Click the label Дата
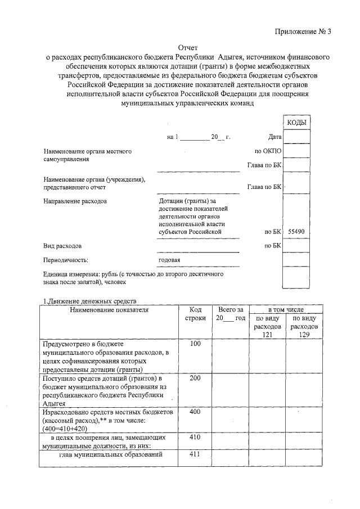274,137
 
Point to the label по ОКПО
268,151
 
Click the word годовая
170,260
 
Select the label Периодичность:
66,260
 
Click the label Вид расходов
62,246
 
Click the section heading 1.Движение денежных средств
90,302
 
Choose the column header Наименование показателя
109,310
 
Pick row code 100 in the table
195,344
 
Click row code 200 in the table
195,379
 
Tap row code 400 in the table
195,412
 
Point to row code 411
195,454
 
